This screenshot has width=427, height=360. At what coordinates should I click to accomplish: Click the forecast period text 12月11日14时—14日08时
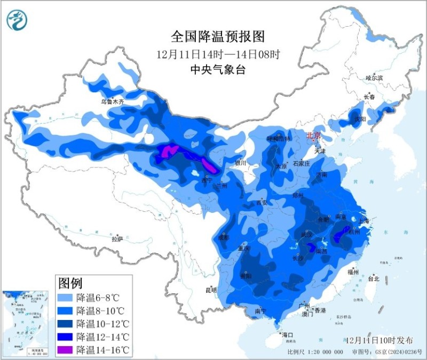(218, 54)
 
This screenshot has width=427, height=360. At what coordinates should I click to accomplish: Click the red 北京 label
(314, 136)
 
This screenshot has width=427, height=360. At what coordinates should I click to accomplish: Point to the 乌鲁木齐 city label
(112, 101)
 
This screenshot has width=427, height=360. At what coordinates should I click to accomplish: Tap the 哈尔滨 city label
(374, 78)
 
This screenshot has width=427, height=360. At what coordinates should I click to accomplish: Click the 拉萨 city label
(117, 239)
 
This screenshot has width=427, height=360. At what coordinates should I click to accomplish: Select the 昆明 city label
(211, 291)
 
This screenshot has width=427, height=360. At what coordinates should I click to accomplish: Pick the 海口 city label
(288, 335)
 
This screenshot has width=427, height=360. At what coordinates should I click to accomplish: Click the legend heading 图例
(70, 282)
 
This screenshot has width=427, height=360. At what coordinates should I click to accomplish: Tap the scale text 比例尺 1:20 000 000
(315, 352)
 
